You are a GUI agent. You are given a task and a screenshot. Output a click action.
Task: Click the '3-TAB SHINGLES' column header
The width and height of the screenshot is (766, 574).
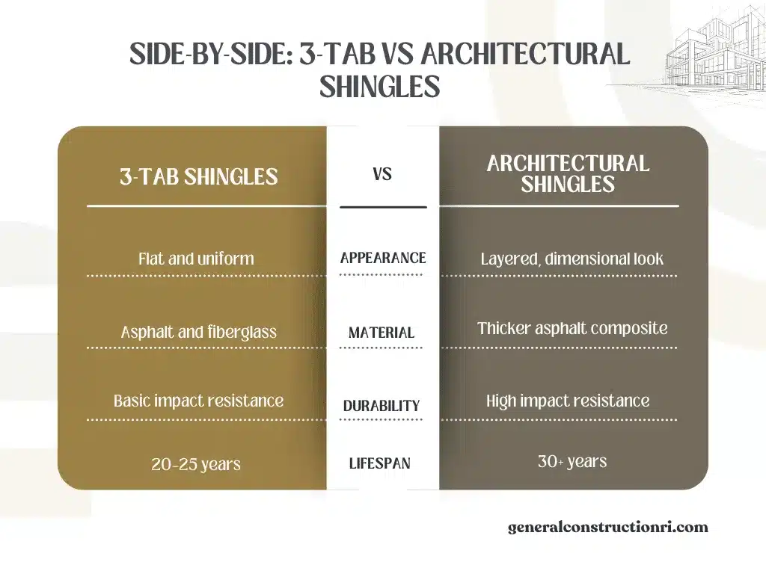[x=198, y=177]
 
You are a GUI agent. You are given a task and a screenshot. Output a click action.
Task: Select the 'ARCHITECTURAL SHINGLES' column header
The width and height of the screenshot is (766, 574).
[x=568, y=173]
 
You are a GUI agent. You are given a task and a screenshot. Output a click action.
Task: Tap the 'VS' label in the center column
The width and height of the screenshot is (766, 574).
[x=382, y=175]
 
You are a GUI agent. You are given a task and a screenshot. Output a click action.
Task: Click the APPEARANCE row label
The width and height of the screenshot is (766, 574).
[x=382, y=258]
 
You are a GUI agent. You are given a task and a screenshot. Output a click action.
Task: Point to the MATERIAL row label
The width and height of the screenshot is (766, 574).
[x=382, y=333]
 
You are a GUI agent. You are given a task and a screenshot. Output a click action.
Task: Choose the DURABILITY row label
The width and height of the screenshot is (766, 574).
[x=382, y=406]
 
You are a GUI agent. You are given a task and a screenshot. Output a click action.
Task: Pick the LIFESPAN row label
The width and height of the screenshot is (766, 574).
[x=380, y=463]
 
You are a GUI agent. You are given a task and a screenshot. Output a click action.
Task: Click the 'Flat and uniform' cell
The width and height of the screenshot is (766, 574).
[x=196, y=259]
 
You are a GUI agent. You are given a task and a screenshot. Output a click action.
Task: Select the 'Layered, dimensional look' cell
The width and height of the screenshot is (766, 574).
[x=572, y=259]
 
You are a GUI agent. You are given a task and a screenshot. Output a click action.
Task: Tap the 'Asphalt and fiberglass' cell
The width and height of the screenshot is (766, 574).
[x=198, y=332]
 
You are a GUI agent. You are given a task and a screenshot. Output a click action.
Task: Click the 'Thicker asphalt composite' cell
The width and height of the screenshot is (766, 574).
[x=572, y=328]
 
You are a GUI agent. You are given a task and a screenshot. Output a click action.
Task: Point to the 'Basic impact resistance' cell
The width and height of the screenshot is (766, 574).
[x=198, y=401]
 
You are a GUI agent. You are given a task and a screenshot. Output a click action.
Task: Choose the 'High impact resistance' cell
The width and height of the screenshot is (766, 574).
[x=568, y=401]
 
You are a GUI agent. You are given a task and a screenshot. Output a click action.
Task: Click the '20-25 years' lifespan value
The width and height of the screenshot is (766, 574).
[x=196, y=464]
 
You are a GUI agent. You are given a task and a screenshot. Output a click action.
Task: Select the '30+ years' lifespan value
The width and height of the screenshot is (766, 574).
[x=572, y=461]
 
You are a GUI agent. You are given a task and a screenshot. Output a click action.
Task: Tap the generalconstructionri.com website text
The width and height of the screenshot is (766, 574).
[x=607, y=527]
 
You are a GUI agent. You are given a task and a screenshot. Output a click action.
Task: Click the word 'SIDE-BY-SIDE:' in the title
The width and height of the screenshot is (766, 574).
[x=210, y=55]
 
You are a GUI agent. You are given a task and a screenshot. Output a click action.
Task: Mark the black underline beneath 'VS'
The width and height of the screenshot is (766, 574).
[x=382, y=206]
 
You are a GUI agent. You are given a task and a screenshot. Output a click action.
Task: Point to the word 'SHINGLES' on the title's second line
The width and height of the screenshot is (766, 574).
[x=379, y=87]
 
